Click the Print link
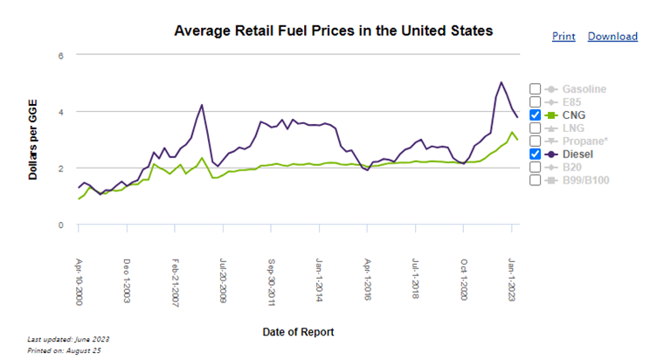[x=564, y=37]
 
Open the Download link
[x=612, y=37]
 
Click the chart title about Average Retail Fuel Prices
[x=334, y=31]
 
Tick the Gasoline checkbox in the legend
[x=535, y=89]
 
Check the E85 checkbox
[x=535, y=102]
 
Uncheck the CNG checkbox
[x=535, y=115]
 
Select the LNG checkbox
[x=535, y=128]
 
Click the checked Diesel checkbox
[x=535, y=154]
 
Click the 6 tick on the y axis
[x=61, y=56]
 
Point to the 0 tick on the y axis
[x=61, y=225]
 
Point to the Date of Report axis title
[x=298, y=332]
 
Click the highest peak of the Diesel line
[x=501, y=83]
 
